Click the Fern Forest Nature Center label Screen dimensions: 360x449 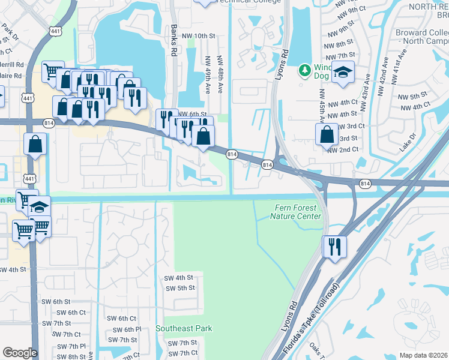(x=298, y=212)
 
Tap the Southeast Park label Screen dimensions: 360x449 (x=184, y=328)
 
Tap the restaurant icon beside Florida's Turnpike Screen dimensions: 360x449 (x=335, y=247)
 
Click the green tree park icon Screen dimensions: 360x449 (x=305, y=71)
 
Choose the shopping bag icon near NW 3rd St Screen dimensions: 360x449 (x=327, y=134)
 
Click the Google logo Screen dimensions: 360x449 (x=20, y=353)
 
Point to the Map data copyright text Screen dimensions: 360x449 (x=423, y=355)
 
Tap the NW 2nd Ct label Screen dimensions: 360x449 (x=343, y=149)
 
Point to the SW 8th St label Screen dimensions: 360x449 (x=69, y=356)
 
